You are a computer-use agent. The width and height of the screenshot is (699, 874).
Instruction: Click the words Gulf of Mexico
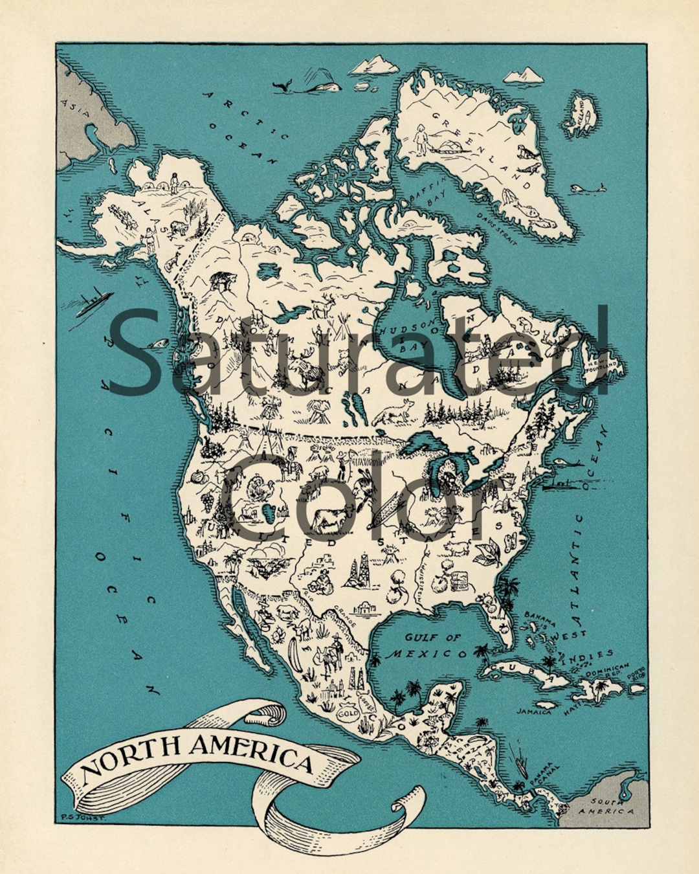tap(428, 645)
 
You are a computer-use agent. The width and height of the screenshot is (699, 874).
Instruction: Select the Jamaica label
tap(534, 712)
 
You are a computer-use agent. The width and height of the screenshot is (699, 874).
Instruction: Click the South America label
tap(606, 806)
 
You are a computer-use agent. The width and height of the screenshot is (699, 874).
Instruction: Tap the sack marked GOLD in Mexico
tap(348, 714)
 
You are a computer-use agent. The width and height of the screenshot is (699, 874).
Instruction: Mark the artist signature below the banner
tap(82, 818)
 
